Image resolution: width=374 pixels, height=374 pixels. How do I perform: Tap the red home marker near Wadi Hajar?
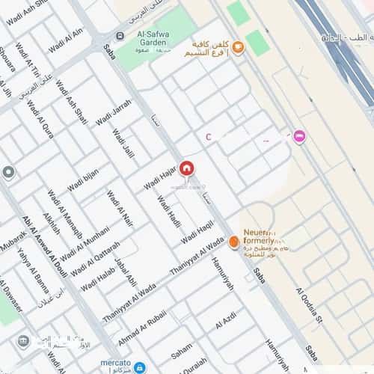[x=186, y=168]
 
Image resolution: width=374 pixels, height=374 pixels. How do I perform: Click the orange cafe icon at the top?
[x=238, y=48]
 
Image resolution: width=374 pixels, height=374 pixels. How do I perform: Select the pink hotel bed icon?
[x=299, y=137]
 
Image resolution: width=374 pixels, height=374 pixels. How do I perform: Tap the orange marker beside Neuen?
[x=234, y=242]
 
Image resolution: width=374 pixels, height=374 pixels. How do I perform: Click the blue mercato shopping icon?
[x=139, y=366]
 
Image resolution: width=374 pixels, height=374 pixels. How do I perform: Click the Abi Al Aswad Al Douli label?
[x=46, y=248]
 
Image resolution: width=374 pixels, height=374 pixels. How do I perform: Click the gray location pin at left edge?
[x=8, y=174]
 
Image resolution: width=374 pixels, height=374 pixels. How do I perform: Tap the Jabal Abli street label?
[x=124, y=272]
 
